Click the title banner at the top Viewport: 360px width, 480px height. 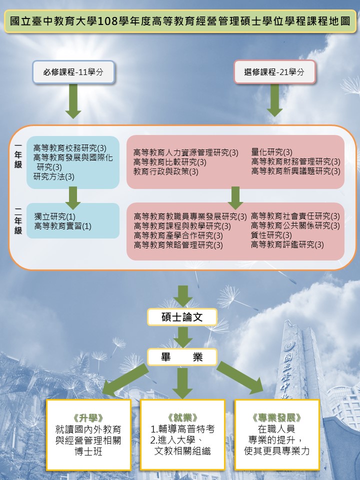(180, 21)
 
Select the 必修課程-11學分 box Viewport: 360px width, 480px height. (73, 72)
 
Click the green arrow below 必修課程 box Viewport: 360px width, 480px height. (73, 101)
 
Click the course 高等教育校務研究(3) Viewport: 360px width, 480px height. (70, 148)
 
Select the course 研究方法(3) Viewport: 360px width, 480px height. (54, 176)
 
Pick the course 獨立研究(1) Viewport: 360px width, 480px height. (55, 216)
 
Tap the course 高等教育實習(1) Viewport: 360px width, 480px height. (63, 226)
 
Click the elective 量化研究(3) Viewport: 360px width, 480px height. (272, 152)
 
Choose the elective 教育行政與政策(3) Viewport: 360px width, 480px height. (166, 171)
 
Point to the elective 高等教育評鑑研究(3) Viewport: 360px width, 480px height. (287, 244)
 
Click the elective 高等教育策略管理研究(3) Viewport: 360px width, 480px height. (178, 245)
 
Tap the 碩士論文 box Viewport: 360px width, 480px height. (182, 316)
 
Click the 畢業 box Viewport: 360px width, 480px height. (182, 357)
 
